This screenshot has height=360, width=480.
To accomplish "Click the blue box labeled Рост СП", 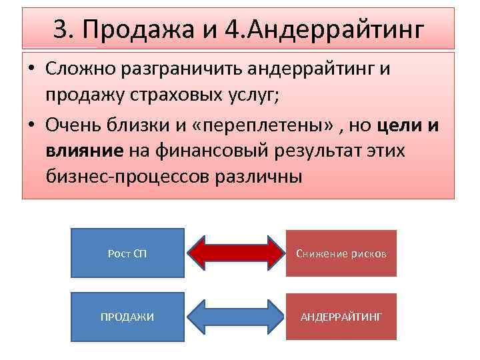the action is click(127, 253).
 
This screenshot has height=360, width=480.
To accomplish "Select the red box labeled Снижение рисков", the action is click(341, 253).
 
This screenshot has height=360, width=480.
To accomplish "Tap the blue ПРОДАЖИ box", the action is click(127, 317).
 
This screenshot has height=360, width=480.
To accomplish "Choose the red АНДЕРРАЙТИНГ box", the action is click(341, 317).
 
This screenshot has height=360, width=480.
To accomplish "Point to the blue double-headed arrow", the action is click(235, 317).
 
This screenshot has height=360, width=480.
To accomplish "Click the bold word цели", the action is click(400, 126).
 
